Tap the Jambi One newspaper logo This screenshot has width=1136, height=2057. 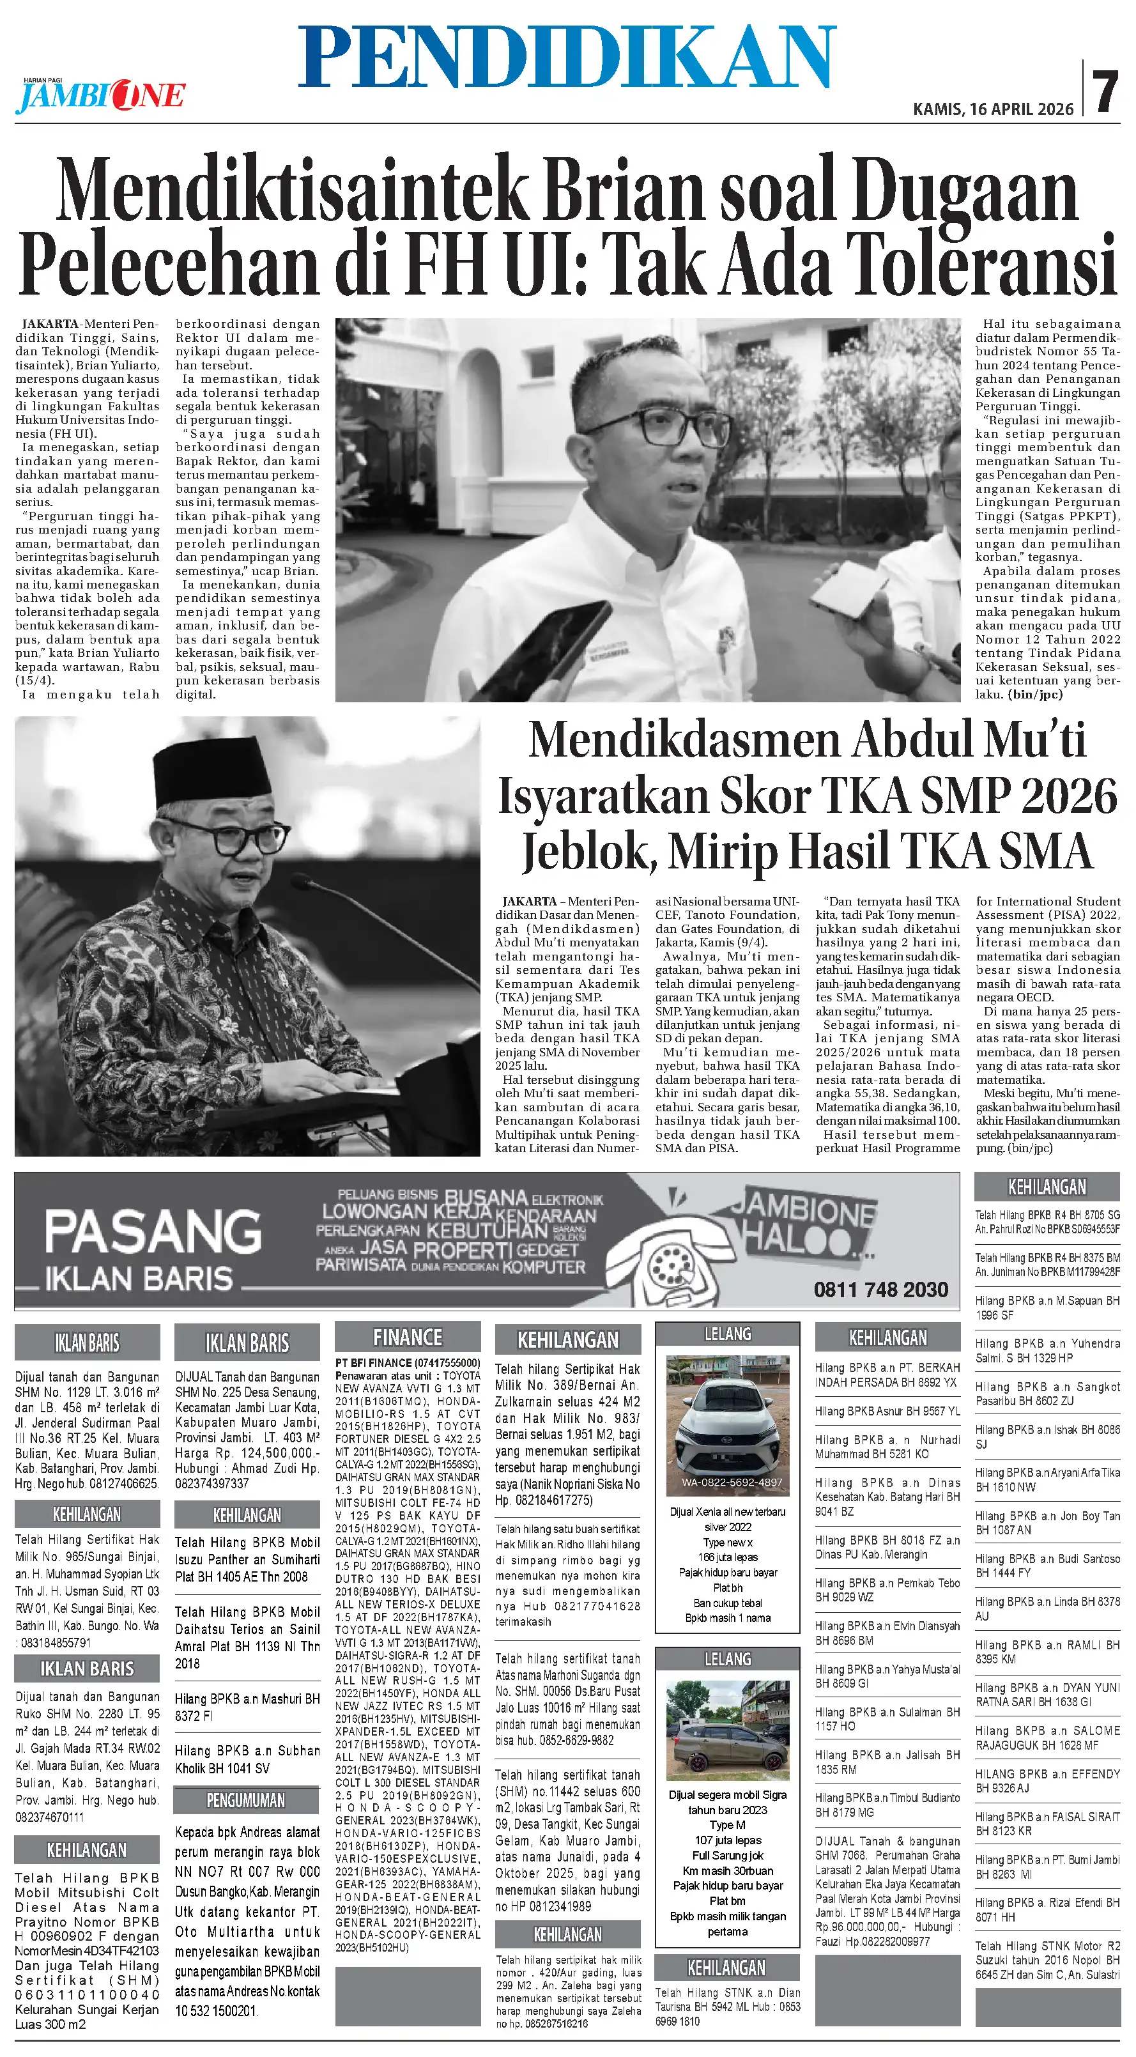(100, 96)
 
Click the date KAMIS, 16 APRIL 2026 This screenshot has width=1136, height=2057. (993, 109)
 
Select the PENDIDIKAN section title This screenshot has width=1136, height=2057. (567, 56)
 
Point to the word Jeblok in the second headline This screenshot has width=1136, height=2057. (589, 851)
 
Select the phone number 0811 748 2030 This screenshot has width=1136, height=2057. (880, 1290)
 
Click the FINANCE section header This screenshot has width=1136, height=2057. (407, 1337)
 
